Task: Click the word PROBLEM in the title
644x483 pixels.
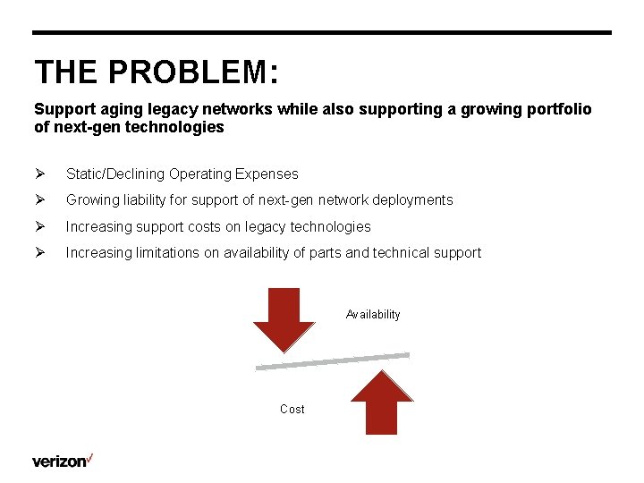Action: pos(190,72)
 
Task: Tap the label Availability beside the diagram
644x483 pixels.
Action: pos(373,315)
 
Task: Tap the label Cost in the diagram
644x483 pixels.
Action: pos(292,409)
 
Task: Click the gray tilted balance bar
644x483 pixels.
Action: pos(333,360)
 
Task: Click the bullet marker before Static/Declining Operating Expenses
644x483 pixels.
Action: pos(39,174)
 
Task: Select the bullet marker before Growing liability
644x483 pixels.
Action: pos(39,200)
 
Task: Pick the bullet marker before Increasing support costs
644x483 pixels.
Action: pos(39,227)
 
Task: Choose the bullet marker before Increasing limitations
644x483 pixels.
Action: pos(39,253)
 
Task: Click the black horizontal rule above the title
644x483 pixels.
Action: pos(322,33)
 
